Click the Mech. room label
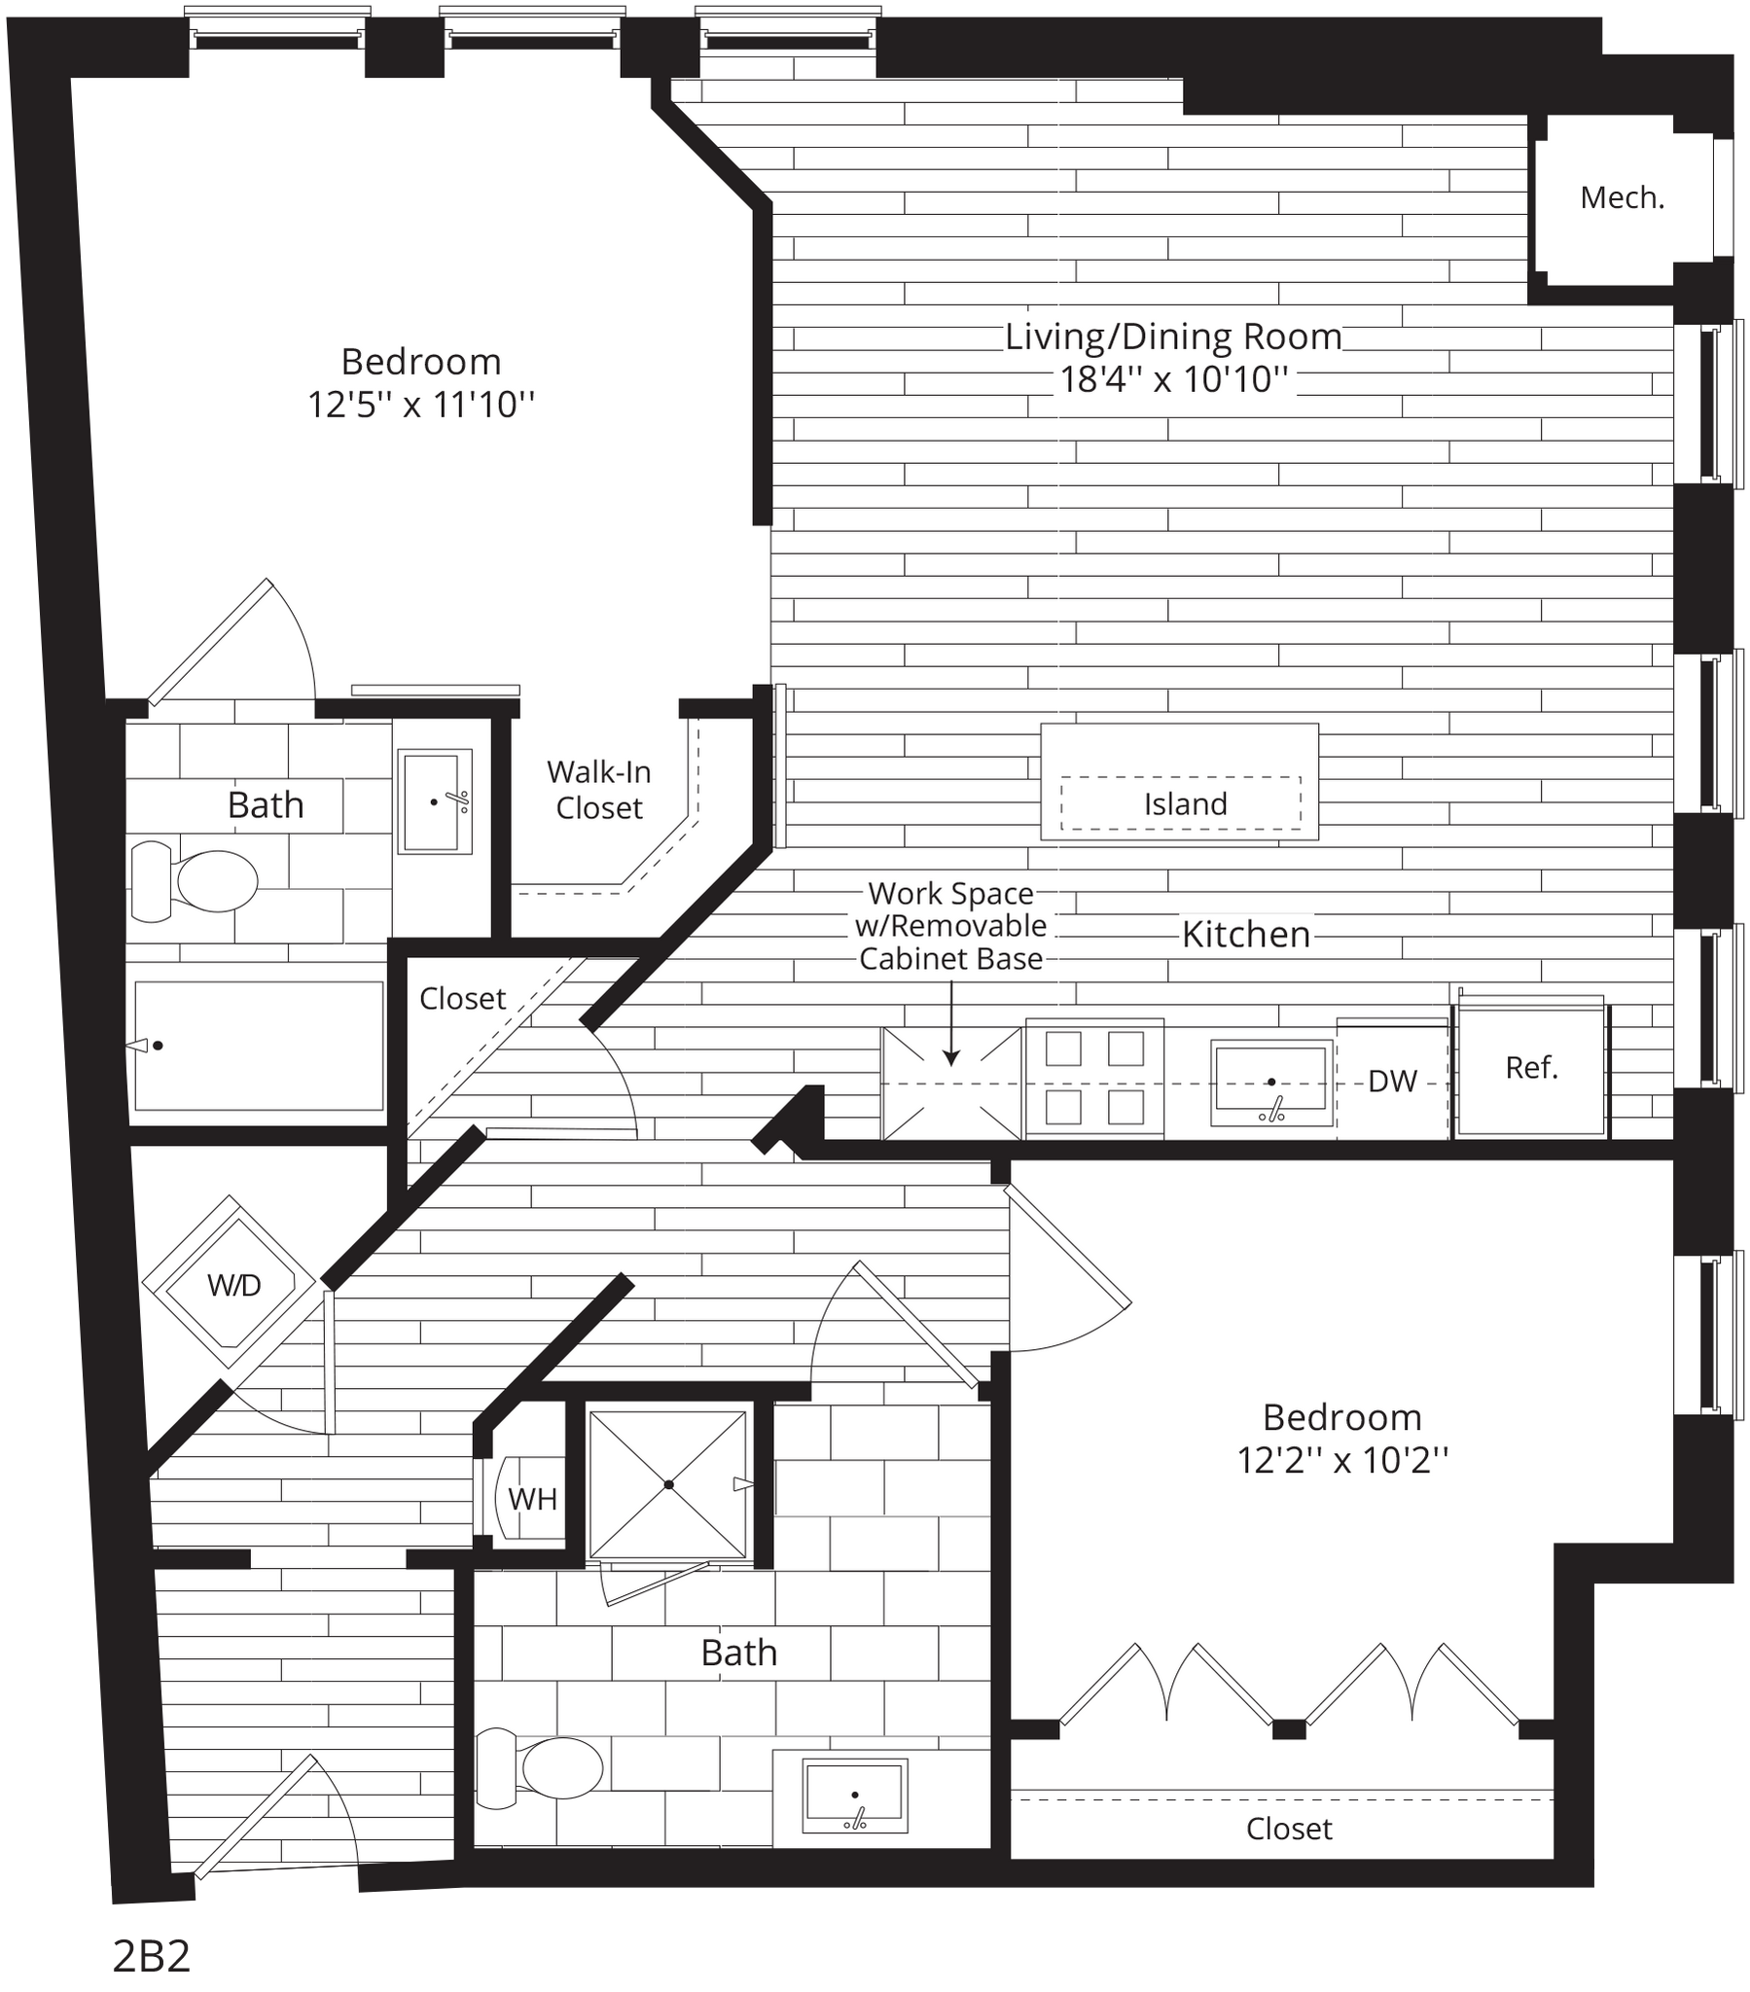click(1623, 198)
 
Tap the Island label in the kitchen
click(1186, 804)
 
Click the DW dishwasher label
click(1392, 1081)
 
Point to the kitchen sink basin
click(1271, 1076)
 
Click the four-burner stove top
click(1094, 1077)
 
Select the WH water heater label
click(532, 1499)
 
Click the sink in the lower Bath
click(855, 1796)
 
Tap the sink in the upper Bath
click(434, 801)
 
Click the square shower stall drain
click(669, 1484)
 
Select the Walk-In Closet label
click(598, 790)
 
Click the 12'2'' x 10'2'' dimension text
click(1342, 1460)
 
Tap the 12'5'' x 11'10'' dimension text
click(421, 404)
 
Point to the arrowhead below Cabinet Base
click(951, 1057)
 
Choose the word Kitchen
click(1246, 935)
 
